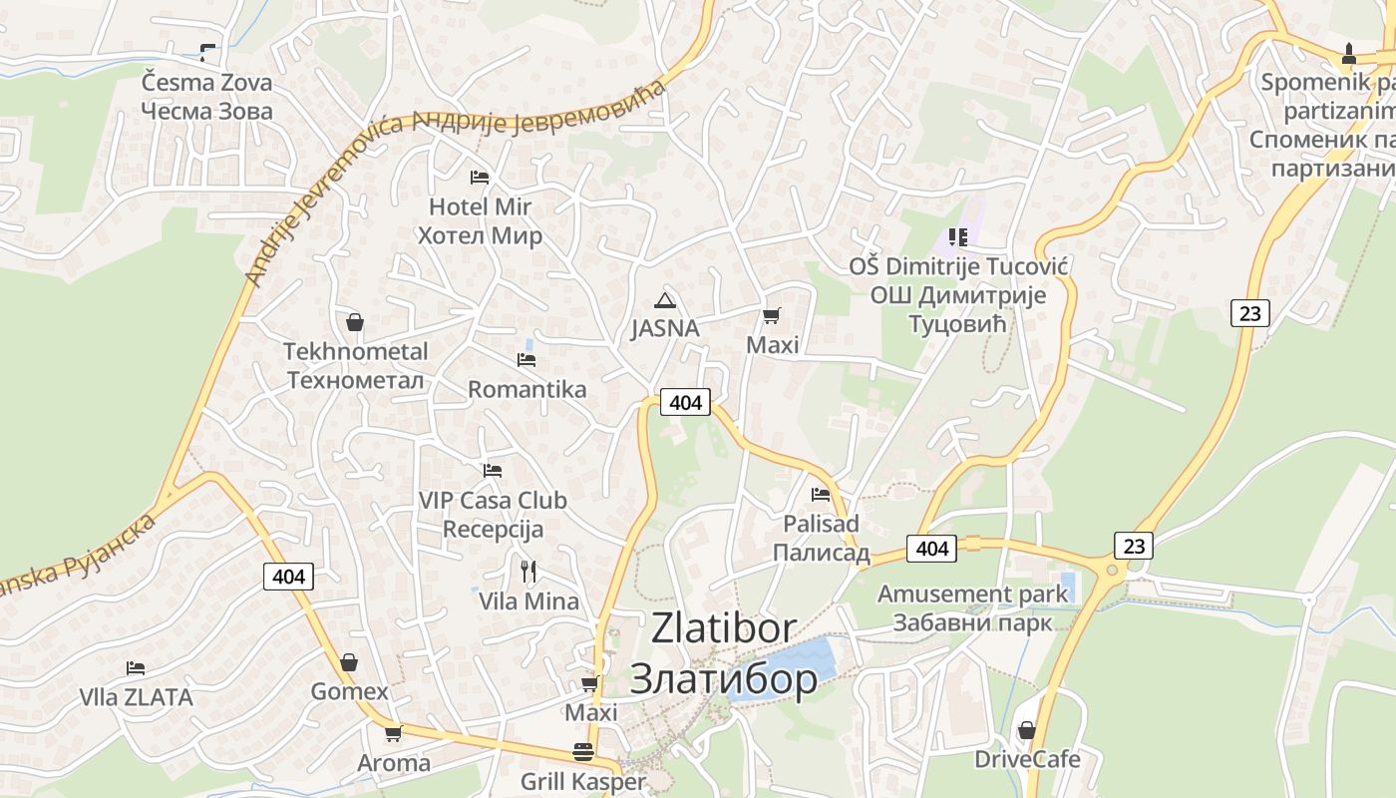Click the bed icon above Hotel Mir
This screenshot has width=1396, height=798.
480,178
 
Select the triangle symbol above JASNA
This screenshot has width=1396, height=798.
665,299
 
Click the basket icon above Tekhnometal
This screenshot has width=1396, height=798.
354,322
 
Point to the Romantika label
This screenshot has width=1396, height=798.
527,389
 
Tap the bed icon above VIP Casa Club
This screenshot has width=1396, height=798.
492,470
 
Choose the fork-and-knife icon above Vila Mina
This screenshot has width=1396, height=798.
528,572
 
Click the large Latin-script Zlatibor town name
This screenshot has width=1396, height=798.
724,628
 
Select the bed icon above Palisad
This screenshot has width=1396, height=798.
821,494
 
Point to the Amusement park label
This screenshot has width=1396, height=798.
972,595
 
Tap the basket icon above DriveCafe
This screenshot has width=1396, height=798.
1026,730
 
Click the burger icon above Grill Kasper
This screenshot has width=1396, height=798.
583,752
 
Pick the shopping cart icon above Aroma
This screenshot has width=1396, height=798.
393,734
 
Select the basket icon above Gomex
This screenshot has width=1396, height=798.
349,662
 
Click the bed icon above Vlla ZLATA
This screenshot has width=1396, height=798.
136,668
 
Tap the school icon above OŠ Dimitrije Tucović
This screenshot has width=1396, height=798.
958,237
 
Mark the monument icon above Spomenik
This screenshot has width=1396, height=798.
1348,53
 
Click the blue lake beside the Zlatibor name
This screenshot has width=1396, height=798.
798,662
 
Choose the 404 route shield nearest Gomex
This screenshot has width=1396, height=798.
288,576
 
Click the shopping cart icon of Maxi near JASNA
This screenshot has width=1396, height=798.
771,316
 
